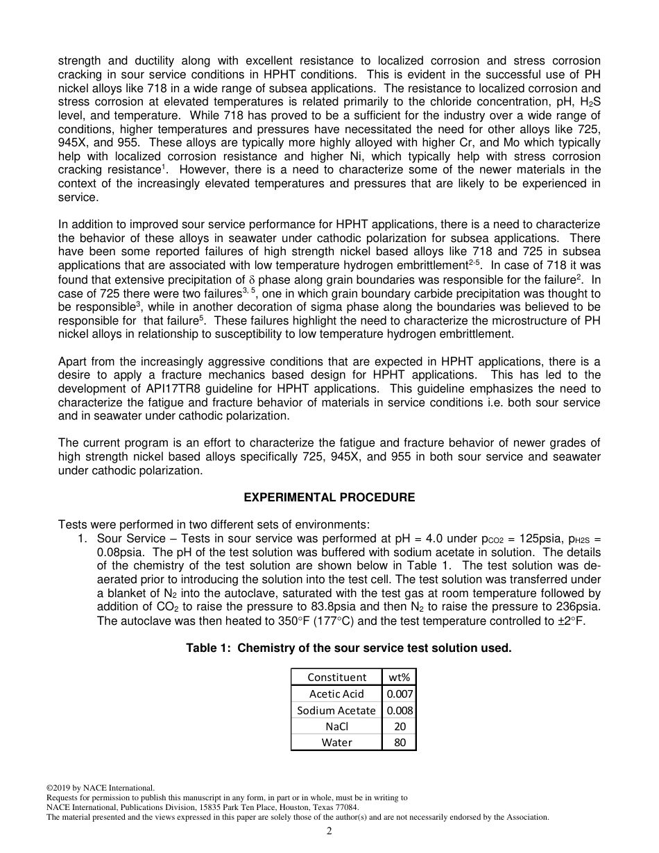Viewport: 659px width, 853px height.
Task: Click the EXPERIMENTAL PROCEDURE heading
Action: (329, 497)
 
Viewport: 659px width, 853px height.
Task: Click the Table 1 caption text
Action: (348, 648)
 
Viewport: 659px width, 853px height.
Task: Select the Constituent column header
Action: (336, 677)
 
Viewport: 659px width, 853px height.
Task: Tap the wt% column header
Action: (400, 677)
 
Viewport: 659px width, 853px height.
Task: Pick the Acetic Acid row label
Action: (336, 693)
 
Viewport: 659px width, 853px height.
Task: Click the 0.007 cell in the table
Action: (400, 693)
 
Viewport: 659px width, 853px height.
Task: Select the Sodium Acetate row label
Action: (336, 710)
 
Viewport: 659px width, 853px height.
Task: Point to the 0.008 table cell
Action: (400, 710)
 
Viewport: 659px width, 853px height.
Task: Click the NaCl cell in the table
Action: (336, 726)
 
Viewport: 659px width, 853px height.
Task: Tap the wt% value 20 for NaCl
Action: (400, 726)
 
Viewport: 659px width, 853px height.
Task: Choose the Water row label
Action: (336, 742)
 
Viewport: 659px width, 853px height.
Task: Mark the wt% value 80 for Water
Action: (400, 742)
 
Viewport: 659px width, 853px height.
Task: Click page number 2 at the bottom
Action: (329, 832)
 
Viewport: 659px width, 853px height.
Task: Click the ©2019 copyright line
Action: (100, 788)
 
